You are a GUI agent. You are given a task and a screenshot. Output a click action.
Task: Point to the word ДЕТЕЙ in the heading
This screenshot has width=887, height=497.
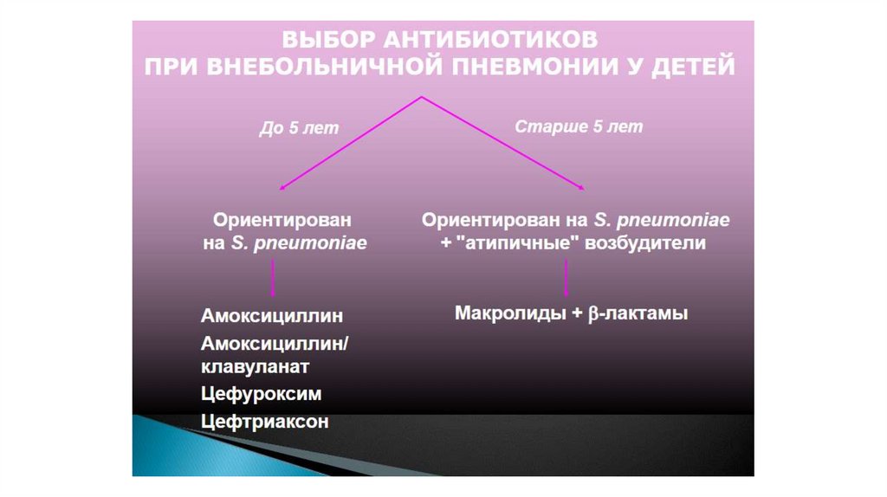click(x=693, y=67)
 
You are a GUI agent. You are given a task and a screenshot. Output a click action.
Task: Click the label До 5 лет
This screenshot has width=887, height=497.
click(x=299, y=128)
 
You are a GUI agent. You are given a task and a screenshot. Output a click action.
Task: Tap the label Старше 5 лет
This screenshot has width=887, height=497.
click(x=579, y=126)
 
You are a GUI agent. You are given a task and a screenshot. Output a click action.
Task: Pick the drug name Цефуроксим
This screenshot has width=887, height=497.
click(x=261, y=394)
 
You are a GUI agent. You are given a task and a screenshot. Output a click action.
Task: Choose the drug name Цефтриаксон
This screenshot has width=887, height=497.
click(x=265, y=422)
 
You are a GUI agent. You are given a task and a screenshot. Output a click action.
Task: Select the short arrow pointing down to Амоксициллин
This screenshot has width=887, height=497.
click(x=275, y=279)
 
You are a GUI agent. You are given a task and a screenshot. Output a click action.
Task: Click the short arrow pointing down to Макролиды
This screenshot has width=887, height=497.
click(x=567, y=279)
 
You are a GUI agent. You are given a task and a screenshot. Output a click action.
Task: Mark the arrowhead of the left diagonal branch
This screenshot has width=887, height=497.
click(x=280, y=189)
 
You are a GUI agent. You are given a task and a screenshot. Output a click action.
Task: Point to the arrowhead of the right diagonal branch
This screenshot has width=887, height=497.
click(x=584, y=188)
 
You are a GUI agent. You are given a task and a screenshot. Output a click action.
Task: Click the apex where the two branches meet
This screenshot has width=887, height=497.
click(x=422, y=96)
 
